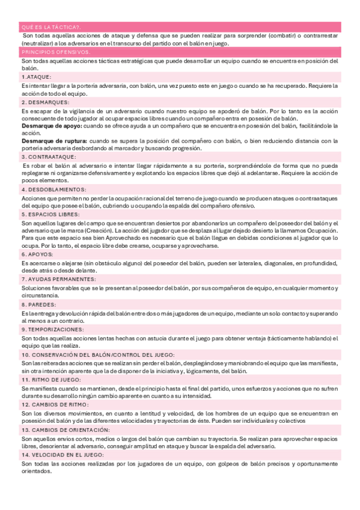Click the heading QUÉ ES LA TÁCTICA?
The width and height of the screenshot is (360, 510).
pyautogui.click(x=51, y=26)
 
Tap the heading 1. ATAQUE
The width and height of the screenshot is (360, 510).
pyautogui.click(x=36, y=78)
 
